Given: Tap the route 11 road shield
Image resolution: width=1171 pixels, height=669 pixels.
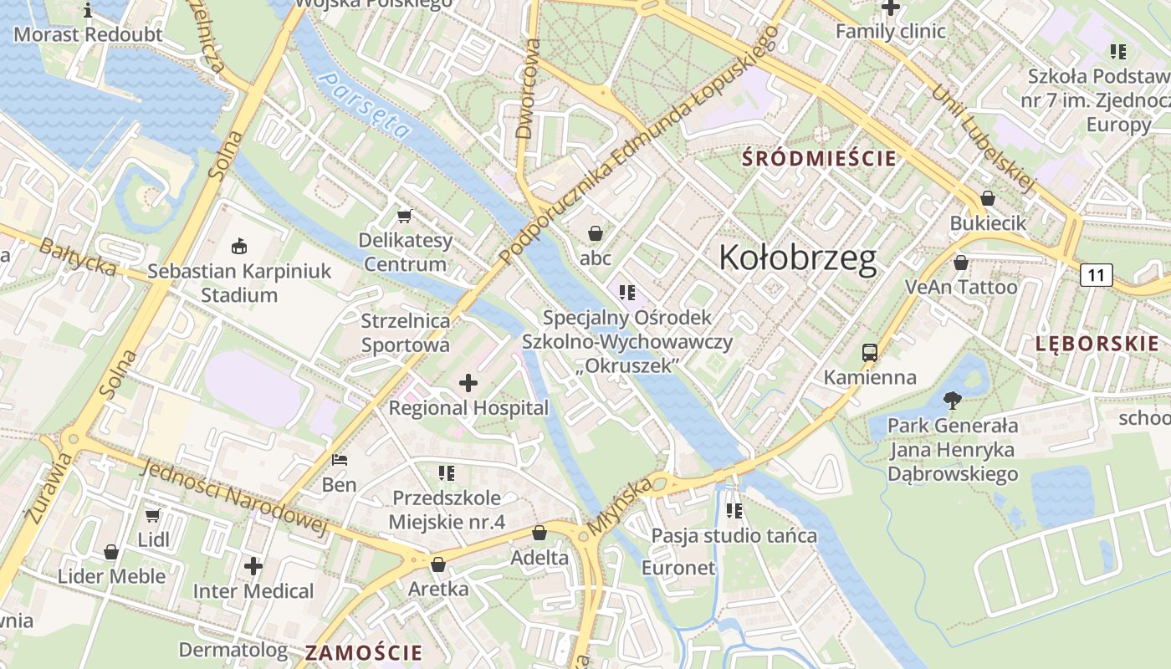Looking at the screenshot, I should click(x=1097, y=275).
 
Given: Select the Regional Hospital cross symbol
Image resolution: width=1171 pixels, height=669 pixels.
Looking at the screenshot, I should click(x=468, y=384).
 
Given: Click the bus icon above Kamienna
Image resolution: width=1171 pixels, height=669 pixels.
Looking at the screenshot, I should click(x=870, y=353).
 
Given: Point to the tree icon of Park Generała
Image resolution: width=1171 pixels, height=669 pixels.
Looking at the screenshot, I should click(x=952, y=401).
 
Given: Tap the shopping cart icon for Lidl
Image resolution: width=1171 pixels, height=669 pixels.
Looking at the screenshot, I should click(x=152, y=515).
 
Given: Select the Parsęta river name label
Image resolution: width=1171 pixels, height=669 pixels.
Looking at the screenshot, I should click(x=366, y=105).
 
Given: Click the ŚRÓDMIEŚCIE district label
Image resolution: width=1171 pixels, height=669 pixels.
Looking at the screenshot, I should click(x=819, y=158).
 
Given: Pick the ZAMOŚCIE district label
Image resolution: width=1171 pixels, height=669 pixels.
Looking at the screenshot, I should click(x=364, y=652).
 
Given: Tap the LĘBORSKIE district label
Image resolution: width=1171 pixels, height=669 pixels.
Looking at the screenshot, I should click(x=1097, y=343).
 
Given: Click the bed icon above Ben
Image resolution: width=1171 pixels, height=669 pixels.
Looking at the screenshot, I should click(x=339, y=460).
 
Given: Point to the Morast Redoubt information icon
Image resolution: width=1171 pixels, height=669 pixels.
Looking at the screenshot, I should click(x=89, y=11).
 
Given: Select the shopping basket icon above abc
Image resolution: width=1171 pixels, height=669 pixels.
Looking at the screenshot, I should click(x=596, y=233).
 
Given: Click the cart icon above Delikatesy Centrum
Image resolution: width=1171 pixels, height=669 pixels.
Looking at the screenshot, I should click(x=405, y=217).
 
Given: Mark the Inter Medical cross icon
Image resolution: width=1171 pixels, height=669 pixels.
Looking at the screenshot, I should click(x=253, y=566).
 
